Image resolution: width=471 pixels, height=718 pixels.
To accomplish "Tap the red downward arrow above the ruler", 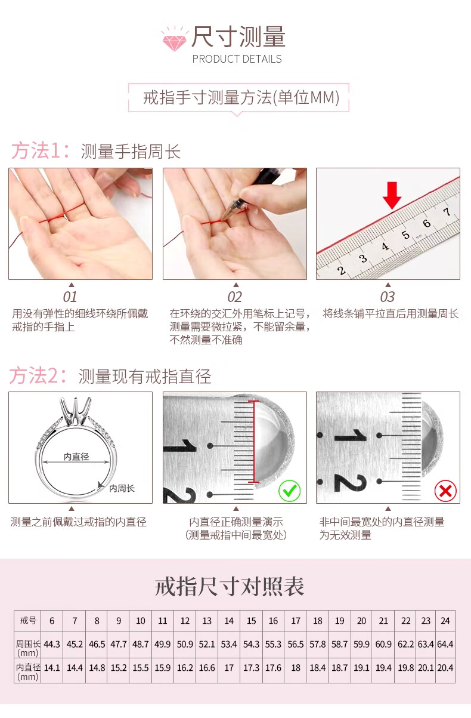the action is click(392, 195).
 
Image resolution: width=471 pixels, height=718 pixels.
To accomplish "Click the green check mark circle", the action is click(289, 491).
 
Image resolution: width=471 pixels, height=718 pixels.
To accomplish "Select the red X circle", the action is click(445, 491).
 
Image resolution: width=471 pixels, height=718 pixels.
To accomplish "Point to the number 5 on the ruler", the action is click(405, 235).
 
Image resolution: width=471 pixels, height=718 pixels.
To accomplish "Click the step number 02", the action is click(234, 297).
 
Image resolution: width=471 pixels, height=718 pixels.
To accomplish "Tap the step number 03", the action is click(388, 297).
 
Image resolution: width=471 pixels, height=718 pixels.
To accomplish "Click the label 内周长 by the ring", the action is click(122, 488).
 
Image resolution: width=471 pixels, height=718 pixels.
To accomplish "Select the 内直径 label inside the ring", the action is click(76, 457).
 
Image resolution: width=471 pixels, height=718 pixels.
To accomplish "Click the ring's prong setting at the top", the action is click(76, 412).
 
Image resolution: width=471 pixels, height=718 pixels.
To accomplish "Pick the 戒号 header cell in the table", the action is click(28, 621).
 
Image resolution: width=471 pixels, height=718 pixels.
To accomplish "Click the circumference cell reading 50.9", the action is click(185, 644).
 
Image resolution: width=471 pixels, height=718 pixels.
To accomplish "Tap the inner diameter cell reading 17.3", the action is click(251, 668).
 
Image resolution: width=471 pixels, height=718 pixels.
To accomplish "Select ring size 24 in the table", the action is click(445, 621).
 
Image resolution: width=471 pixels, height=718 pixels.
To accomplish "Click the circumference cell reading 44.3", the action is click(52, 644).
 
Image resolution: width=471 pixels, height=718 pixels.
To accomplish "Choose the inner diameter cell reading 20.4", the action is click(445, 668).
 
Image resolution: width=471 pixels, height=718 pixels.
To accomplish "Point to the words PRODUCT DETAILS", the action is click(237, 59).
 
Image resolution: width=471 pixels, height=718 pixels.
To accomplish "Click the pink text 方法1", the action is click(40, 150).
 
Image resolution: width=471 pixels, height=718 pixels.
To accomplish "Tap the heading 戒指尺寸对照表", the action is click(230, 587).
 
